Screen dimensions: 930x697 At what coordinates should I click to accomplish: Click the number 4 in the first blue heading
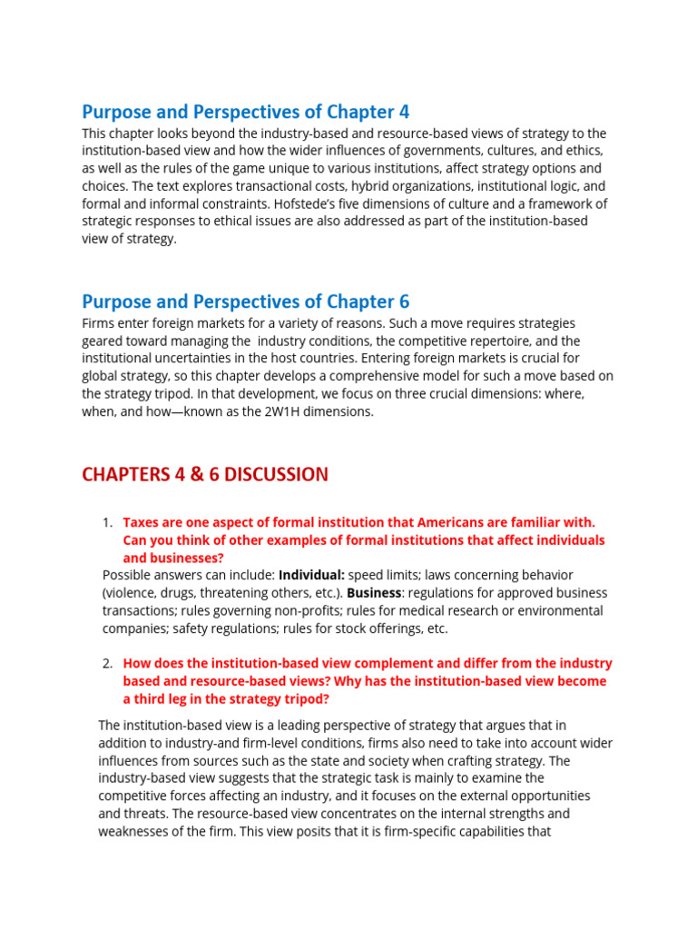pos(404,112)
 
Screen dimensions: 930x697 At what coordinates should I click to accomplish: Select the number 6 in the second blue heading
pos(404,302)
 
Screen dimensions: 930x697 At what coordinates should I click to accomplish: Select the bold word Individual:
pos(311,575)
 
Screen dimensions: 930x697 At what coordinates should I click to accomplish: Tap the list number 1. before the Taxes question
pos(107,522)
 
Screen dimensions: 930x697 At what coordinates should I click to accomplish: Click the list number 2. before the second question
pos(107,664)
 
